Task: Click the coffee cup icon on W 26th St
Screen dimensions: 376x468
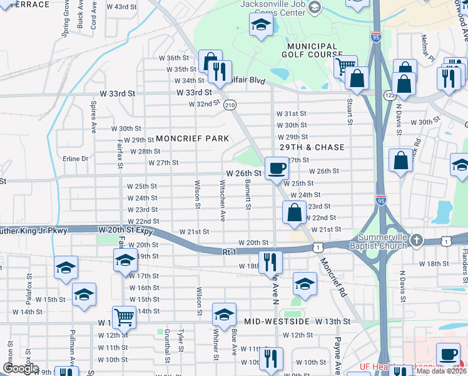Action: pyautogui.click(x=277, y=167)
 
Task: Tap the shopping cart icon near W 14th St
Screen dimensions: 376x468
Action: pyautogui.click(x=125, y=316)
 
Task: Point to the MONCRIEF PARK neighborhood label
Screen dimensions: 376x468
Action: pyautogui.click(x=191, y=138)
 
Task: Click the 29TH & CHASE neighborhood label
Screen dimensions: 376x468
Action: pyautogui.click(x=312, y=147)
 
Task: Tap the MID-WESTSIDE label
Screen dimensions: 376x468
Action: pyautogui.click(x=277, y=321)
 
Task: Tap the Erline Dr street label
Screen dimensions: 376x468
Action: pyautogui.click(x=76, y=159)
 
